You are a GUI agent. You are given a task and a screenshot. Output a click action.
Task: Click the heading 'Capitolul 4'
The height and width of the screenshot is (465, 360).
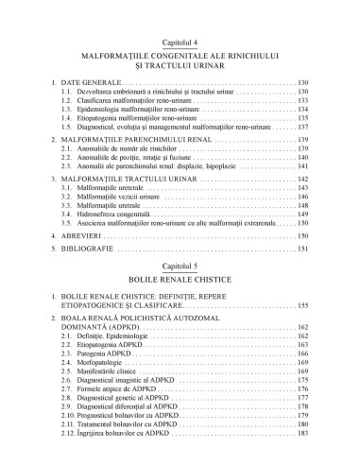coord(180,43)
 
